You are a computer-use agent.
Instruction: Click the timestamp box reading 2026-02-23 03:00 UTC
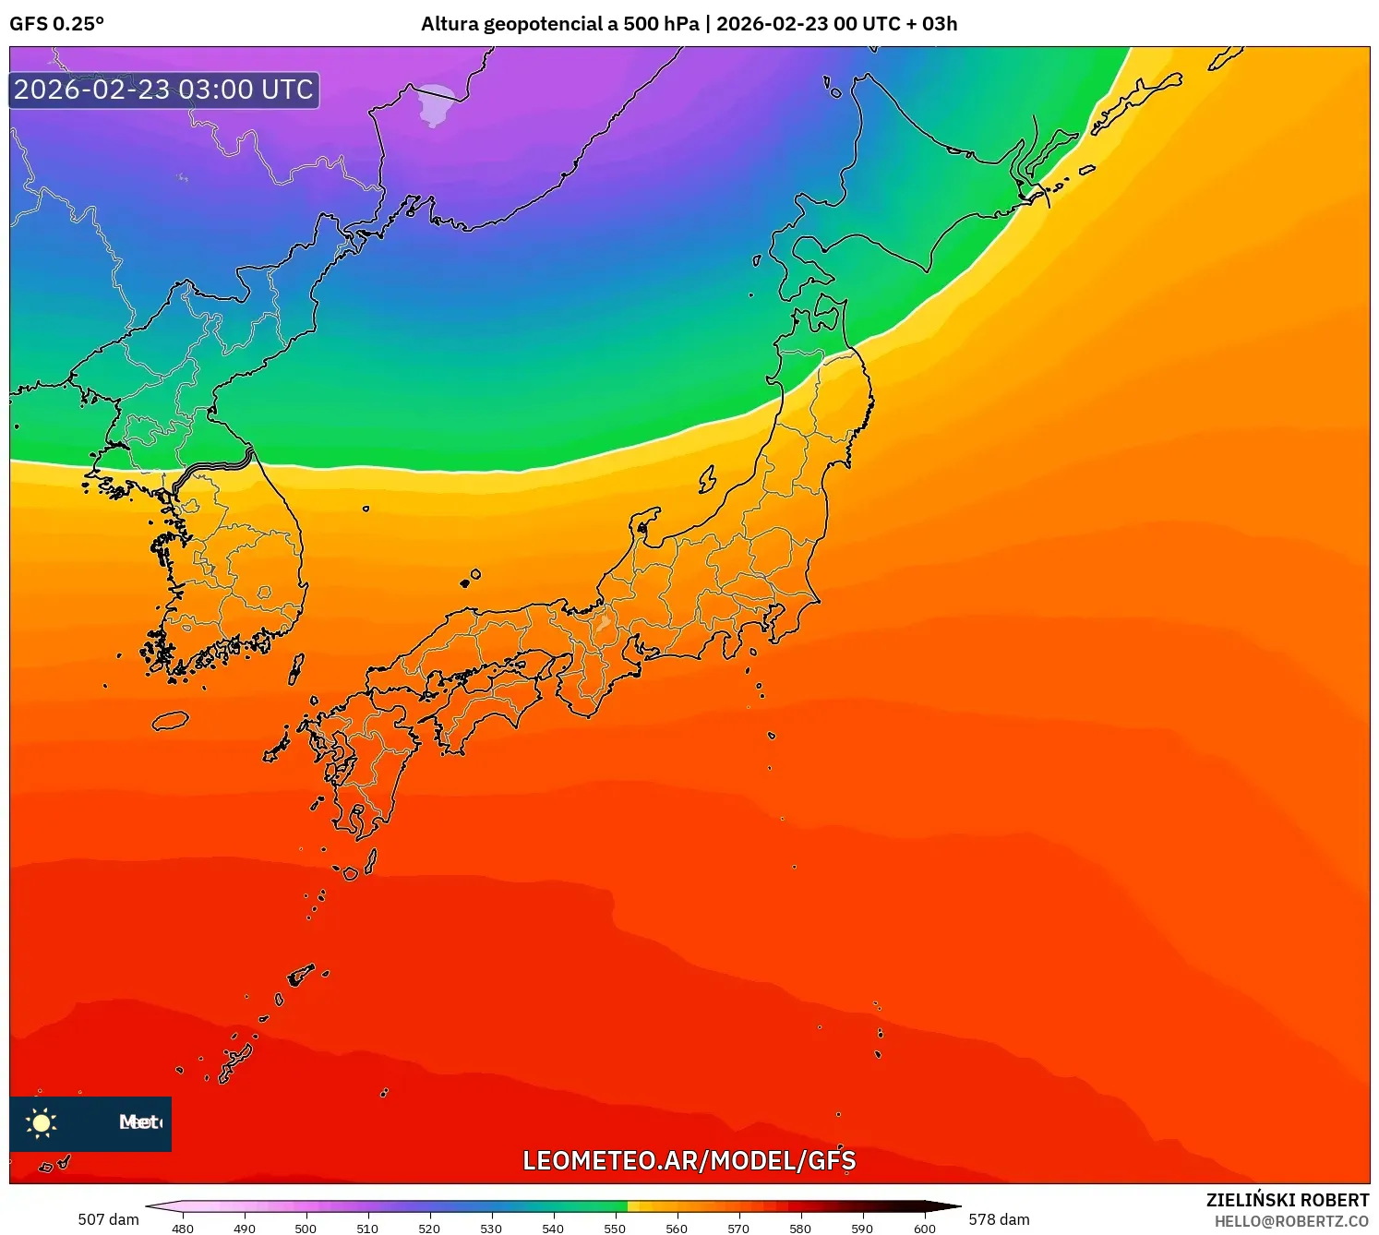coord(164,90)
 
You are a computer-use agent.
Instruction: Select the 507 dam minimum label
coord(108,1219)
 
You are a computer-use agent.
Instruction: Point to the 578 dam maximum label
coord(999,1219)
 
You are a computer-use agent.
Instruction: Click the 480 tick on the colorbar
coord(183,1228)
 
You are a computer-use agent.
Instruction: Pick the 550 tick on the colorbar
coord(615,1228)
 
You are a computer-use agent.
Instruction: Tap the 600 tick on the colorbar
coord(924,1228)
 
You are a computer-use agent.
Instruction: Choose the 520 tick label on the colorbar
coord(429,1229)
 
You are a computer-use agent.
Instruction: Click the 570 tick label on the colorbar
coord(738,1229)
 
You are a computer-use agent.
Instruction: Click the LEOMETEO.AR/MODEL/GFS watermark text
coord(689,1160)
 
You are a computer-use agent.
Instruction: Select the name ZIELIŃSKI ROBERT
coord(1288,1200)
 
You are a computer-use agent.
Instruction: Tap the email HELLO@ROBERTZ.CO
coord(1291,1221)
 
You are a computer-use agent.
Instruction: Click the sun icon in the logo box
coord(42,1122)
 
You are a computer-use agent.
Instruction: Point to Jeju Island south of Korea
coord(171,720)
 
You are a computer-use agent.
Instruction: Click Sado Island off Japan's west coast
coord(707,479)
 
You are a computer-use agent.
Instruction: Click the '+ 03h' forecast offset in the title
coord(932,24)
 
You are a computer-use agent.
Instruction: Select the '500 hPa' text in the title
coord(661,24)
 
